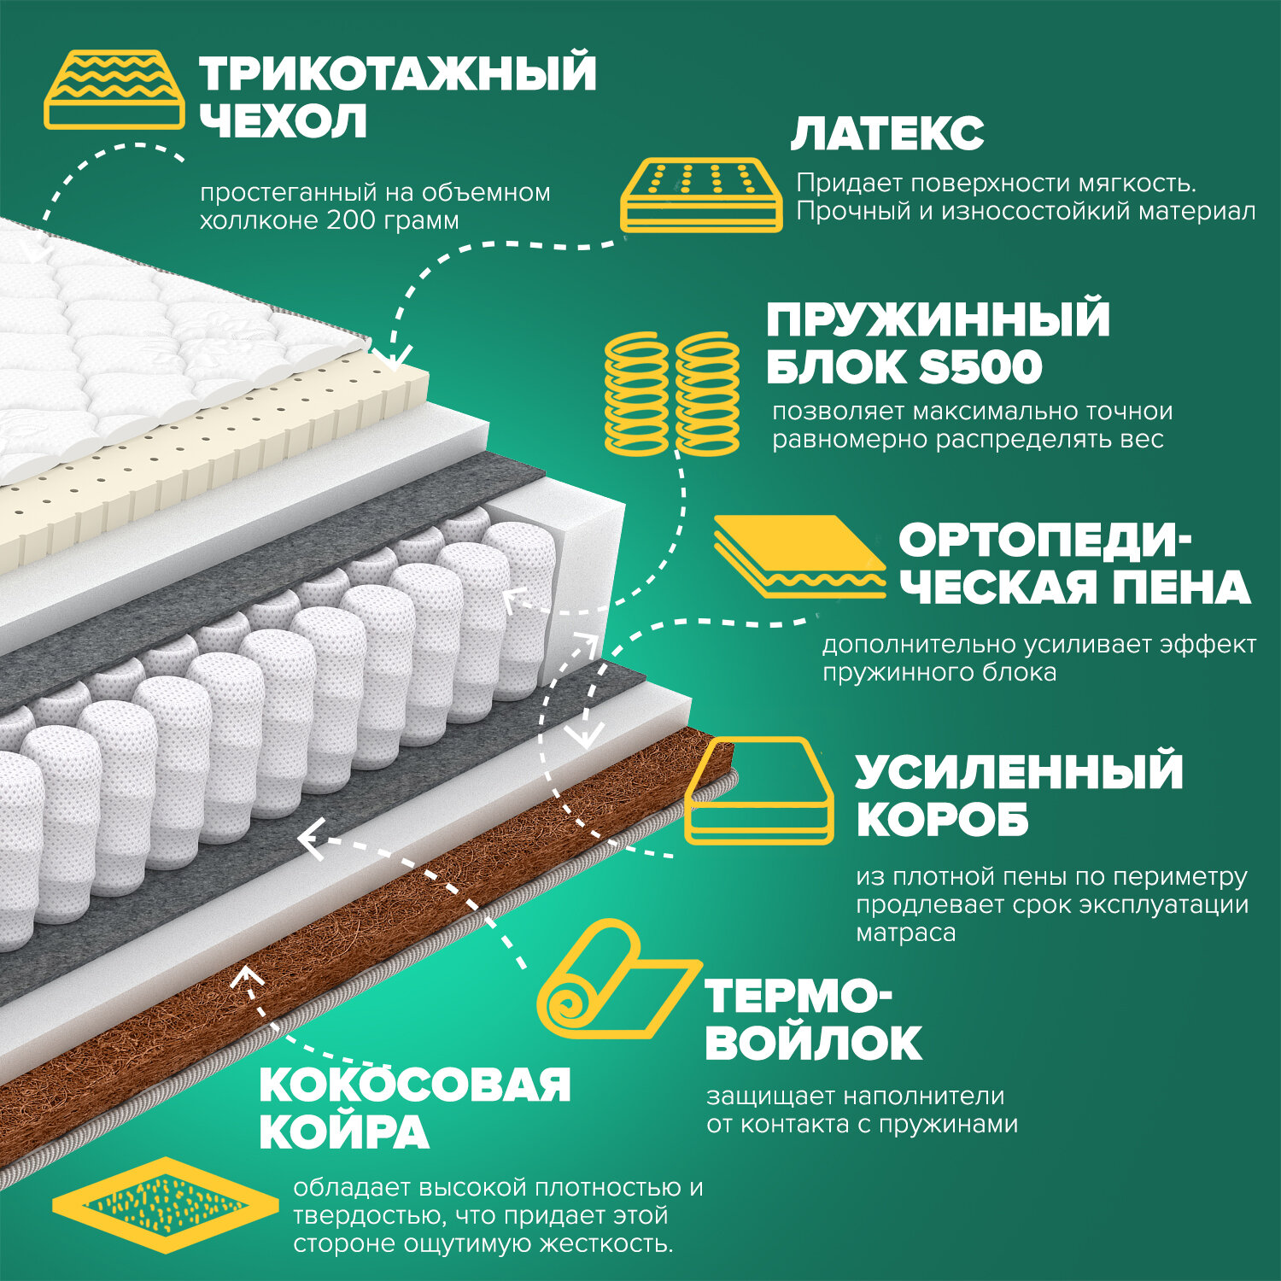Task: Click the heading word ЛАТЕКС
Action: click(887, 134)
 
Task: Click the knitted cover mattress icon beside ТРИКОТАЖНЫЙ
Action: click(114, 90)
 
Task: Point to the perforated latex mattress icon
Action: click(700, 194)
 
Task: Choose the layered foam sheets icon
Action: click(798, 555)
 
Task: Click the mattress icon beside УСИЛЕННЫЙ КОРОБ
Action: click(759, 791)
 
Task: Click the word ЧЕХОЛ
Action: click(284, 120)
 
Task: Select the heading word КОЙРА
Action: click(343, 1132)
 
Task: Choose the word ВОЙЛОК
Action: click(814, 1043)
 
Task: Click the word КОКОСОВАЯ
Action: click(414, 1085)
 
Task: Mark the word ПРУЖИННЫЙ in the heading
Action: click(938, 319)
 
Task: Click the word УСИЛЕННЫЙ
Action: click(1019, 771)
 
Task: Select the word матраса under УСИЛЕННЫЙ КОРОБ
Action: click(905, 933)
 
